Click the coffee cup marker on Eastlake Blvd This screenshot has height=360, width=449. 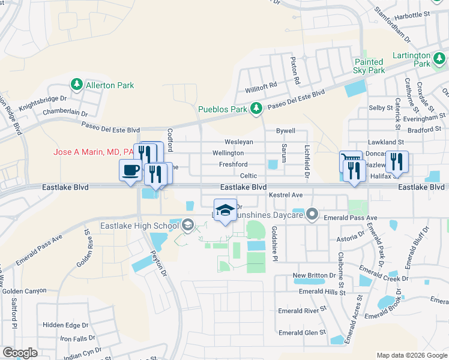pyautogui.click(x=131, y=171)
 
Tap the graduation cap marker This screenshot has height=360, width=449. pyautogui.click(x=225, y=210)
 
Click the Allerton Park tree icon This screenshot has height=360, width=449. pyautogui.click(x=77, y=85)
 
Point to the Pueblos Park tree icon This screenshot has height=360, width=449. pyautogui.click(x=256, y=109)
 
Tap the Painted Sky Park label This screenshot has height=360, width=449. pyautogui.click(x=369, y=66)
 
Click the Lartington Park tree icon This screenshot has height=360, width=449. pyautogui.click(x=441, y=58)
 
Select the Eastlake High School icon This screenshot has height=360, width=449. pyautogui.click(x=187, y=226)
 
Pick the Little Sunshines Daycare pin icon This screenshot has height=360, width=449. pyautogui.click(x=312, y=214)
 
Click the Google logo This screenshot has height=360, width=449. pyautogui.click(x=20, y=352)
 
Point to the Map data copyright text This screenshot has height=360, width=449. pyautogui.click(x=411, y=355)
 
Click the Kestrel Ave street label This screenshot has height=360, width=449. pyautogui.click(x=286, y=195)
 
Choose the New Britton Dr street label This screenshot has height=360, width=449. pyautogui.click(x=313, y=275)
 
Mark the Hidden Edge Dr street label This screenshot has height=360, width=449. pyautogui.click(x=65, y=325)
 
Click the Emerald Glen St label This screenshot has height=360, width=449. pyautogui.click(x=302, y=332)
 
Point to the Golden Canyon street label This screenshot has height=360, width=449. pyautogui.click(x=24, y=291)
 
